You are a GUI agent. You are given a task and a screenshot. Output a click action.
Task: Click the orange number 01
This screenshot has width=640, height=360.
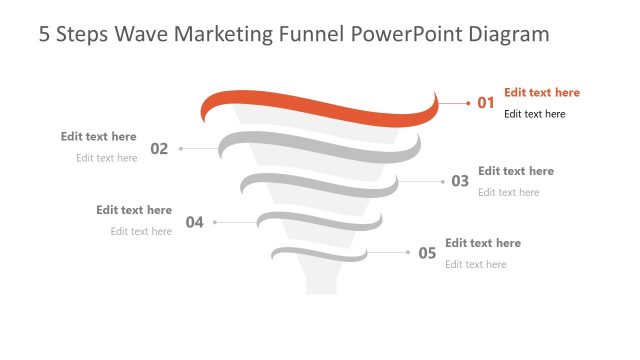486,102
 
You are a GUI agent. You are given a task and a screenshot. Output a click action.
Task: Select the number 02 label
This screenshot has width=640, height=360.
159,149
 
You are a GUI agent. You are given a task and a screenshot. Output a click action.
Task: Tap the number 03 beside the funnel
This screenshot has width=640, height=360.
460,181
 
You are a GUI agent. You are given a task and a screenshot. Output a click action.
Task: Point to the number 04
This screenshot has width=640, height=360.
194,222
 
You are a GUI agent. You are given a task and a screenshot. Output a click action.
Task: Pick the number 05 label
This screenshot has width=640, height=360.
427,253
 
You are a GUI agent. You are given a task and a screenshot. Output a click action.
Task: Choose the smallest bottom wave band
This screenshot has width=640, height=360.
320,253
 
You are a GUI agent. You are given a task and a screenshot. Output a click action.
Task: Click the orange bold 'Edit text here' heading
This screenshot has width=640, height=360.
541,92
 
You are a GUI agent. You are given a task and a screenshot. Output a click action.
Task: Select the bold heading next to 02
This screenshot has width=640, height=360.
98,136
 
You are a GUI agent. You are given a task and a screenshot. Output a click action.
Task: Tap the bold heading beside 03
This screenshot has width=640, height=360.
515,171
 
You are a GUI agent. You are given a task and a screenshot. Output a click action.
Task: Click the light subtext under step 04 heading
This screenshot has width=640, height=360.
141,231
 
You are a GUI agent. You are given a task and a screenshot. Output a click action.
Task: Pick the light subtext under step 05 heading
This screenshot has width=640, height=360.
475,264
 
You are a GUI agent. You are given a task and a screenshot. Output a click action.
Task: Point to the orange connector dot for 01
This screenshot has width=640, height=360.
468,102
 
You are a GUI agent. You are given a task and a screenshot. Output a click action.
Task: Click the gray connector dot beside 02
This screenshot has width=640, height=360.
181,149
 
